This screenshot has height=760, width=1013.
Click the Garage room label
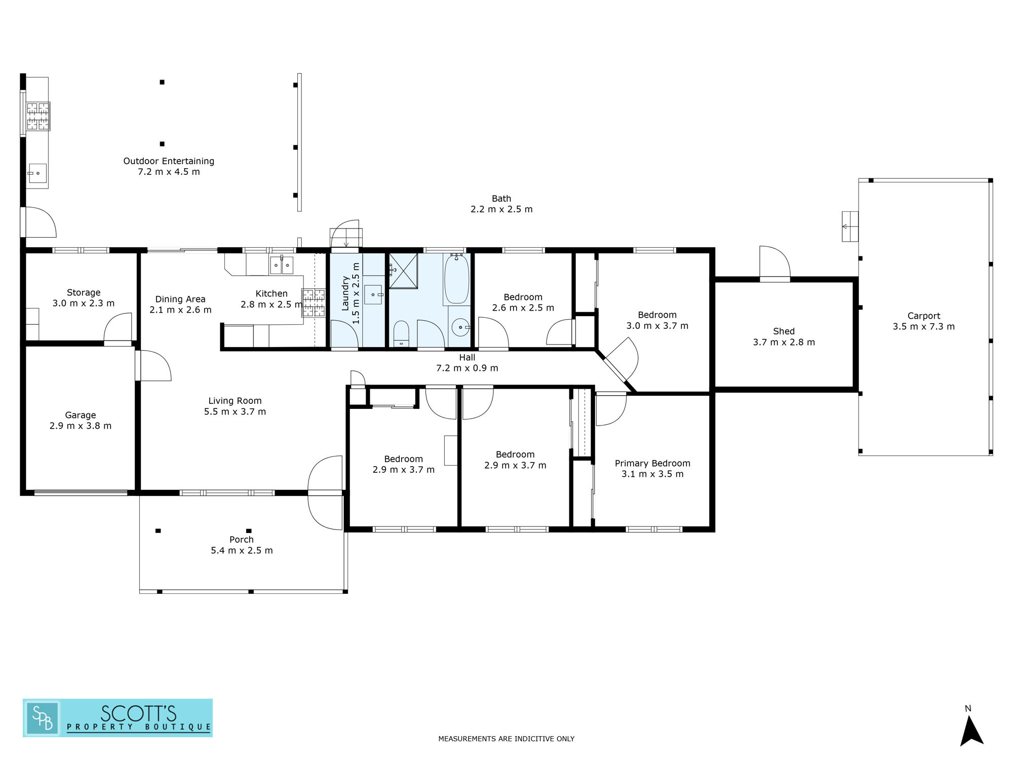click(x=81, y=415)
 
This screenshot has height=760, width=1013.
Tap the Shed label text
click(x=784, y=331)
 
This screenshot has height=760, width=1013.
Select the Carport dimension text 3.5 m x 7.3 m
click(x=923, y=327)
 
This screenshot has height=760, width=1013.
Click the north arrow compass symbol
click(x=971, y=730)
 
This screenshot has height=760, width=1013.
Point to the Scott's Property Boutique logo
click(x=118, y=717)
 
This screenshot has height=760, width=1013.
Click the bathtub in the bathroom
click(x=456, y=279)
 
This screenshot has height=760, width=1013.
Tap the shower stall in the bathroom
click(x=403, y=271)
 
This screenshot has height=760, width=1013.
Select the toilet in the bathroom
click(x=401, y=334)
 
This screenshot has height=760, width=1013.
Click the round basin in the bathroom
click(x=460, y=327)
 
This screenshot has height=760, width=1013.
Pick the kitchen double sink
click(x=282, y=264)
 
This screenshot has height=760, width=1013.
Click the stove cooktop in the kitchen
click(x=314, y=302)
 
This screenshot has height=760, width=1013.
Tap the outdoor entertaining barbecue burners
click(x=38, y=116)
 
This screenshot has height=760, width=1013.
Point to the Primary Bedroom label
click(x=652, y=463)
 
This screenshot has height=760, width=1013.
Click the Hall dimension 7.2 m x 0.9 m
click(x=467, y=368)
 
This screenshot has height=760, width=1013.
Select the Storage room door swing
click(x=118, y=327)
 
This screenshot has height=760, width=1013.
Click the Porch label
click(x=241, y=540)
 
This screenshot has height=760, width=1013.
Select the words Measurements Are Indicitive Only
click(x=506, y=739)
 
